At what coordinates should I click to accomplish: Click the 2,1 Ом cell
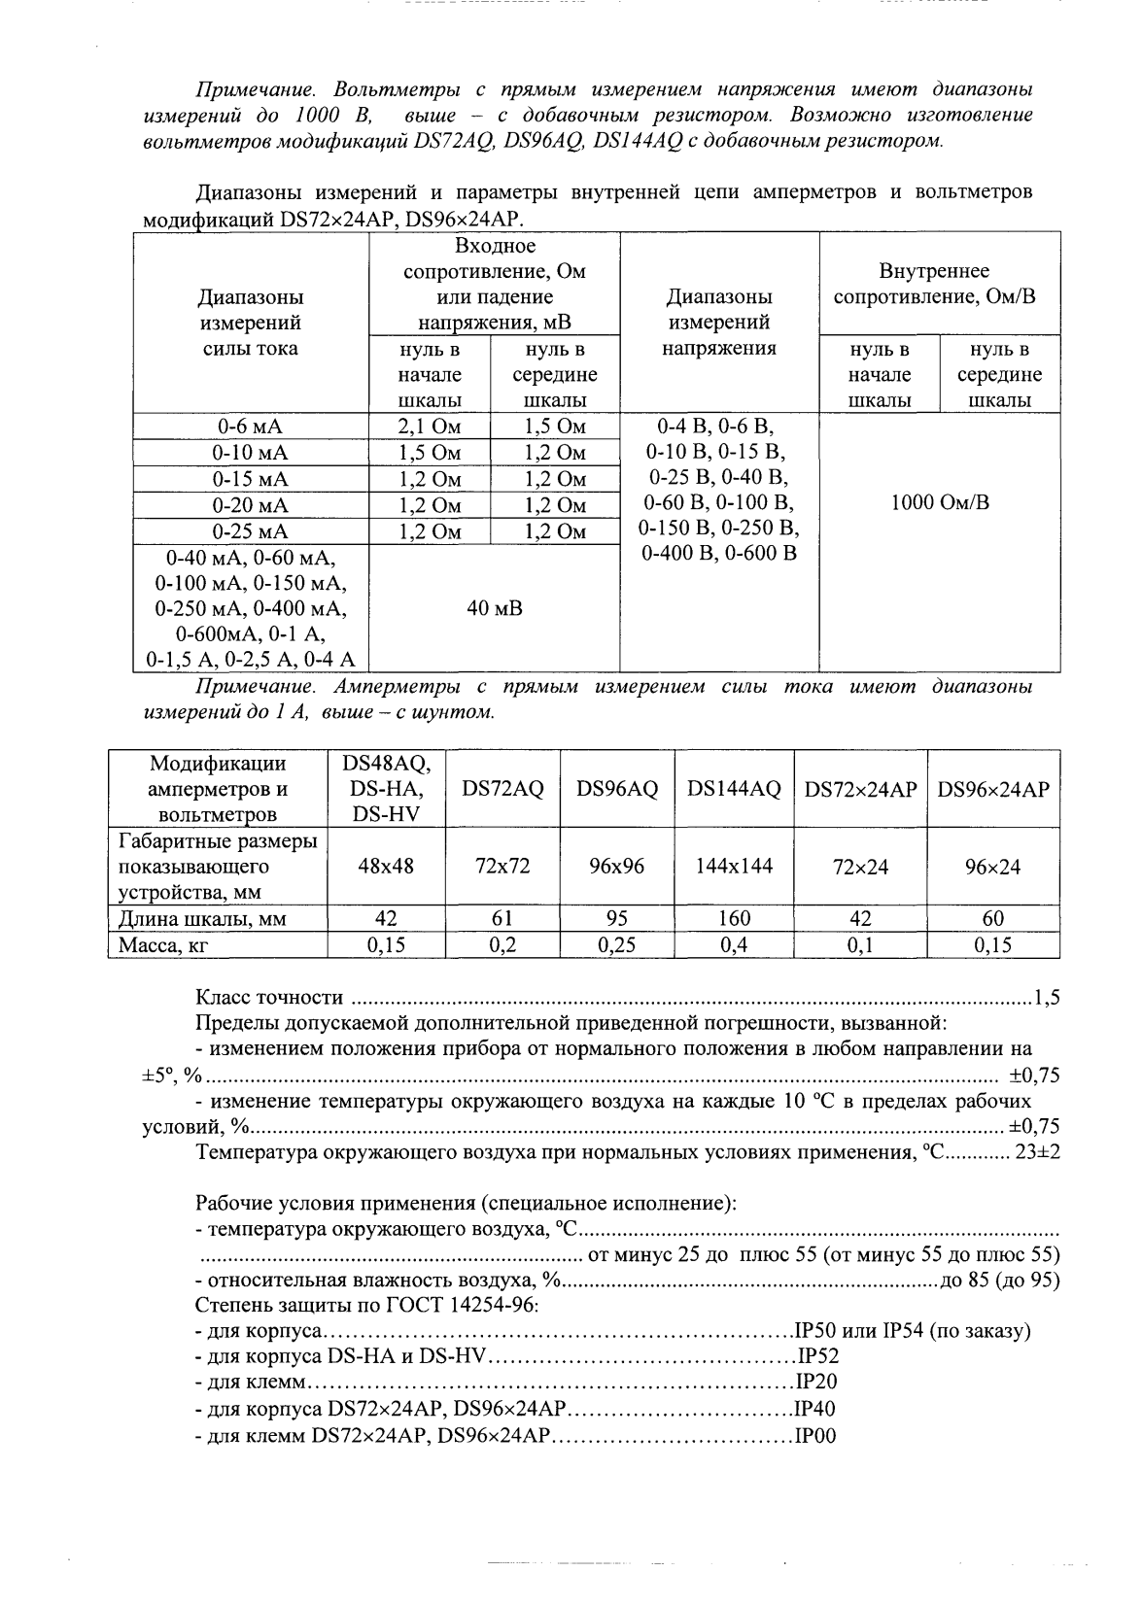[x=430, y=427]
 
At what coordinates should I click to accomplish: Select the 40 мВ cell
[x=495, y=608]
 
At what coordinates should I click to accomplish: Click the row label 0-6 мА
[x=250, y=427]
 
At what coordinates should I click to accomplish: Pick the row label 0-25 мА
[x=250, y=531]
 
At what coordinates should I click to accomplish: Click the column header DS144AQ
[x=734, y=790]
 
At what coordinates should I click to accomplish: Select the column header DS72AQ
[x=502, y=790]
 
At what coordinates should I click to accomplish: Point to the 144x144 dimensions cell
[x=734, y=866]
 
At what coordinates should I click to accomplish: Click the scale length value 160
[x=734, y=918]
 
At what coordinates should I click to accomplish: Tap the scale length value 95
[x=617, y=918]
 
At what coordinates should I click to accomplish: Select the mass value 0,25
[x=617, y=944]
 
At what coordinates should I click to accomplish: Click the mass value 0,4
[x=734, y=944]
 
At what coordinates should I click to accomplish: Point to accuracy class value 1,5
[x=1046, y=997]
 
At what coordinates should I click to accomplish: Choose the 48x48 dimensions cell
[x=386, y=866]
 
